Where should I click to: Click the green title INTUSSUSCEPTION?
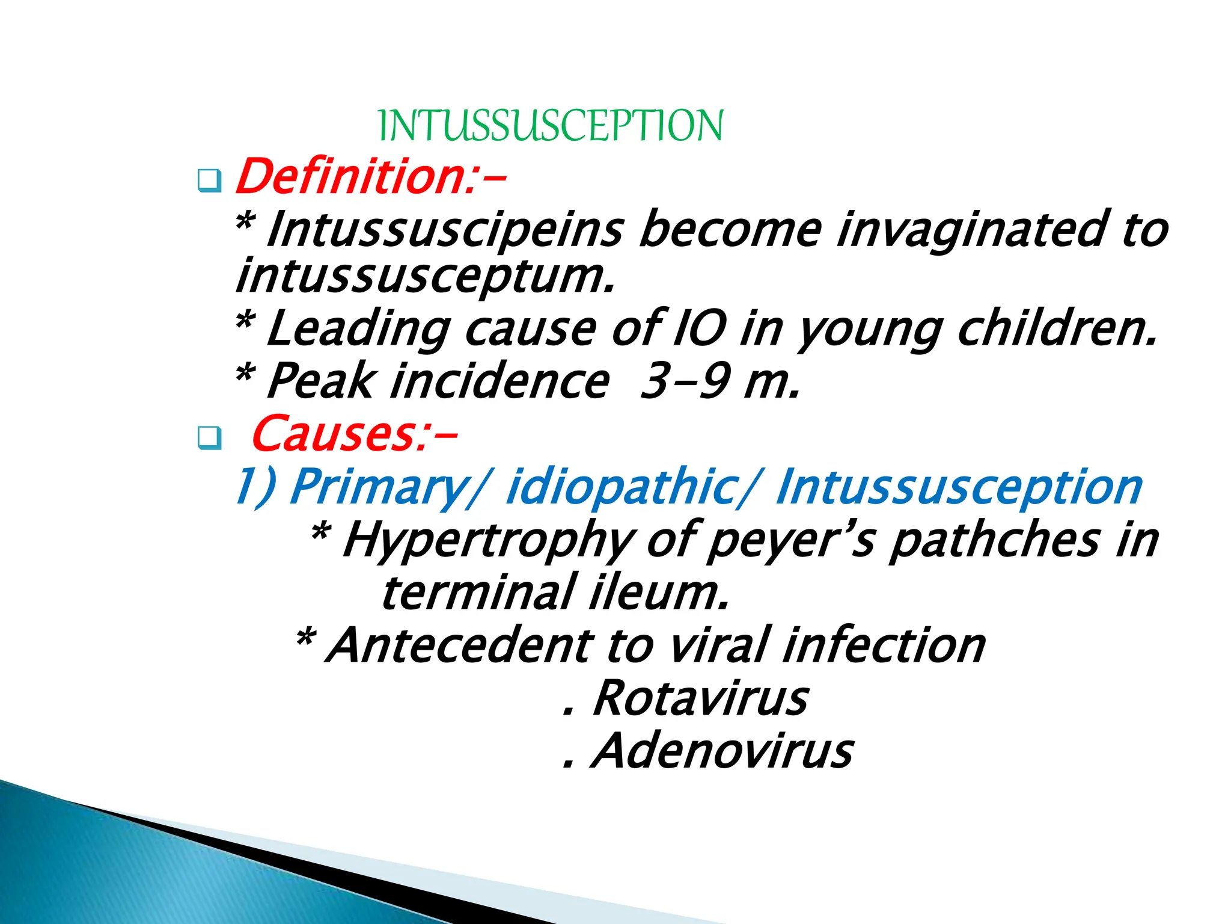coord(551,126)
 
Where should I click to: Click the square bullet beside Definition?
coord(209,180)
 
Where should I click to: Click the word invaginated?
coord(973,230)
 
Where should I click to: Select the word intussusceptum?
coord(424,276)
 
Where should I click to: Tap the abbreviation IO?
coord(699,329)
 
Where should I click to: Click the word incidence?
coord(499,381)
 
